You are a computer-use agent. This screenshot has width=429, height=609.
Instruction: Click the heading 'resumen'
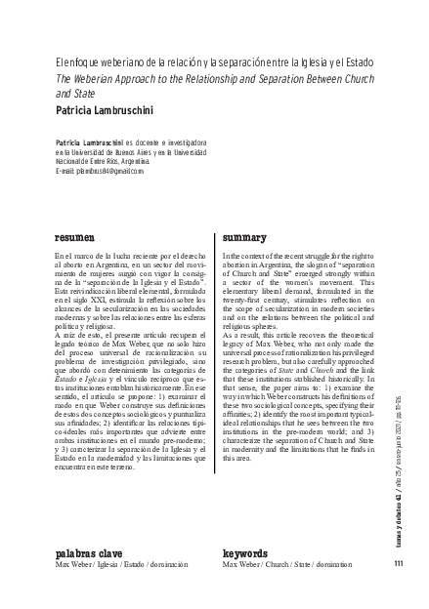coord(74,237)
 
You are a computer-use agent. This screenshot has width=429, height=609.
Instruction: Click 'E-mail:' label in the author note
coord(66,171)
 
